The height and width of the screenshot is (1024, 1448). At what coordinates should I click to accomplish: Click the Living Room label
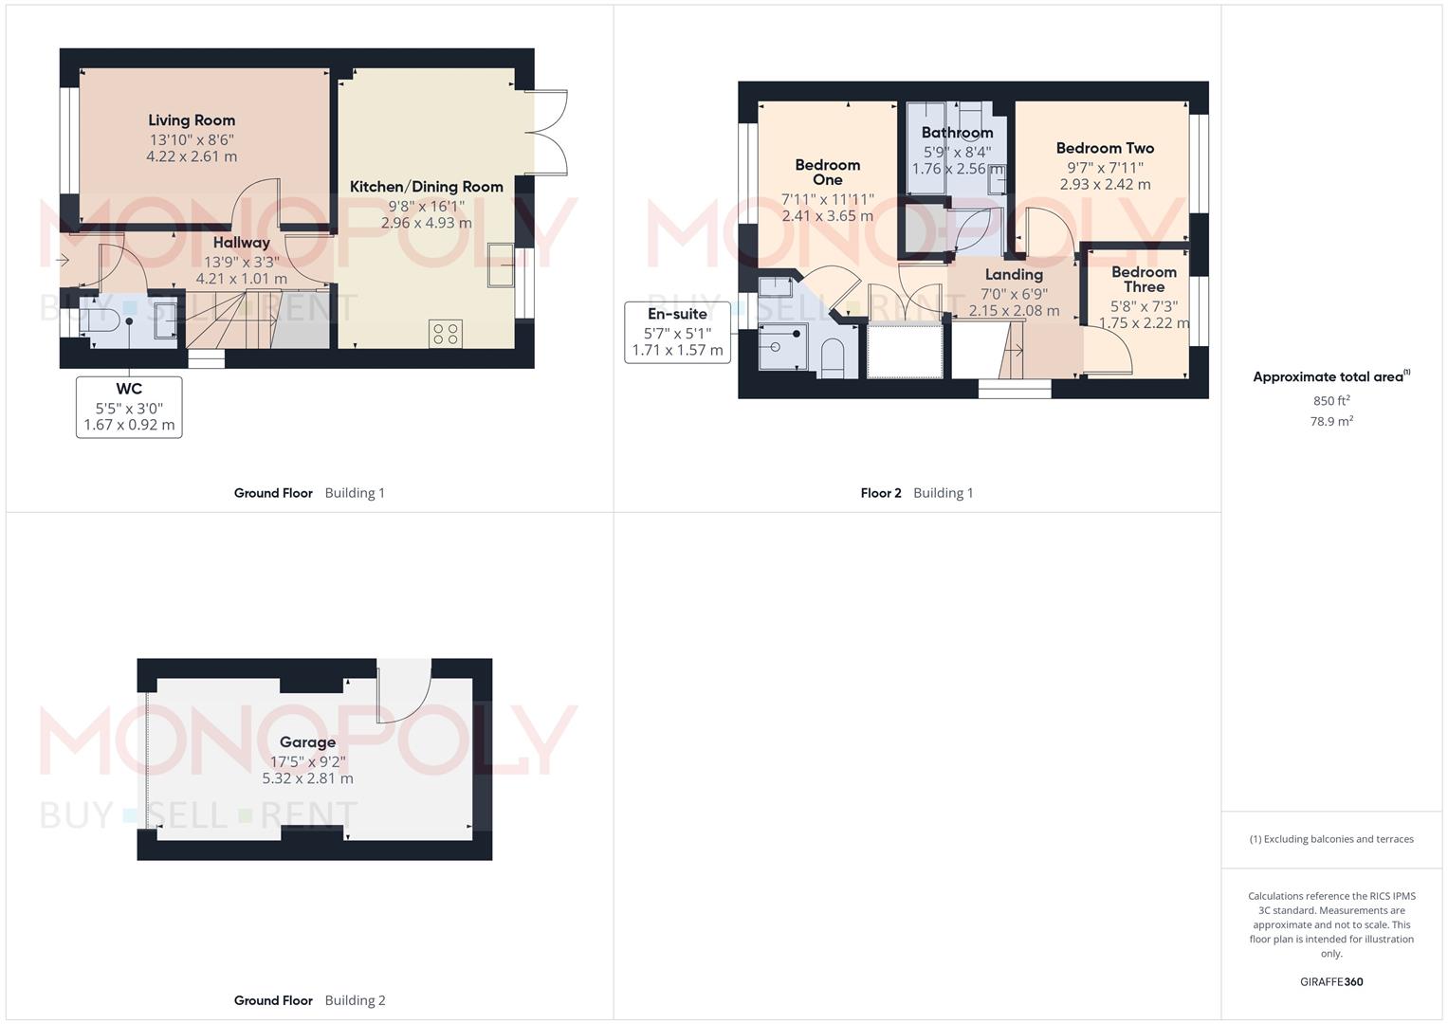tap(192, 120)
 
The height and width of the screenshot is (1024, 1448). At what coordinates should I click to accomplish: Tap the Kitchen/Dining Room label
tap(426, 187)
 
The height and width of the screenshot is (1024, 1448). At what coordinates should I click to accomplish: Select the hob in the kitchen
tap(446, 334)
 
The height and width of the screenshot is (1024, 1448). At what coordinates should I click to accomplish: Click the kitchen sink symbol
tap(501, 264)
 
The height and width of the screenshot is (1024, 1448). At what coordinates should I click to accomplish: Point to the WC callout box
tap(129, 408)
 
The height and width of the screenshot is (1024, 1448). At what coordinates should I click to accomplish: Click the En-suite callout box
tap(677, 332)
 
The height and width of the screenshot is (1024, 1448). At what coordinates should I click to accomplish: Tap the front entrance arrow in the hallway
tap(63, 261)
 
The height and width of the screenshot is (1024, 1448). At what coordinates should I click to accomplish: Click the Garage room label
tap(307, 742)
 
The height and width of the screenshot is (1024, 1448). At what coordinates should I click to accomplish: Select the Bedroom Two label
tap(1106, 148)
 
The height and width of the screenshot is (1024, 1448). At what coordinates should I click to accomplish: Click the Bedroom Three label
tap(1145, 280)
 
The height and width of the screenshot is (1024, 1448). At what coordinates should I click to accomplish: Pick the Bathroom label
tap(958, 133)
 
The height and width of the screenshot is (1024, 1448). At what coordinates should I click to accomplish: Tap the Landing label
tap(1015, 275)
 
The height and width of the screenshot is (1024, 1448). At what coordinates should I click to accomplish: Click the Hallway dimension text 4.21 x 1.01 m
tap(241, 279)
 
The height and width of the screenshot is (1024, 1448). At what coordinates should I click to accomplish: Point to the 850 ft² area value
tap(1331, 400)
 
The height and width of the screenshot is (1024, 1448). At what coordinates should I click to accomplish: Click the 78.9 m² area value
tap(1331, 421)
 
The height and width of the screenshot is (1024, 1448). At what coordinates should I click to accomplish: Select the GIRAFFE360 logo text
tap(1331, 981)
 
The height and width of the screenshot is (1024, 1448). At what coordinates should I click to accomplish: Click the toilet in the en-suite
tap(833, 358)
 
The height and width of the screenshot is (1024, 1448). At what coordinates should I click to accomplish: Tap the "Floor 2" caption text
tap(880, 493)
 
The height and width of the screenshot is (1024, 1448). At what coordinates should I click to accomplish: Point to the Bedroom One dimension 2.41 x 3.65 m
tap(828, 216)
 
